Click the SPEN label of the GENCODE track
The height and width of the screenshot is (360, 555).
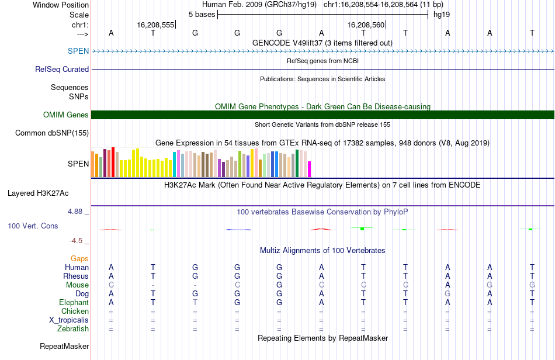tap(78, 51)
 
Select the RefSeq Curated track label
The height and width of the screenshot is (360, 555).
tap(62, 69)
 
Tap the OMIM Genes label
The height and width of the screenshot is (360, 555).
tap(65, 115)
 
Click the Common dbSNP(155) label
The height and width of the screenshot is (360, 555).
tap(52, 133)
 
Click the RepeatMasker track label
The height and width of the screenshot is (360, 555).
tap(64, 346)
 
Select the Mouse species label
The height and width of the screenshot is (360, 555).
tap(78, 285)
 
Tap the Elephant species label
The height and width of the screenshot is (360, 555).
tap(74, 302)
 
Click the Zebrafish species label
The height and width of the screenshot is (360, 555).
tap(73, 328)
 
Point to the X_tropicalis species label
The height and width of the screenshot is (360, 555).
tap(69, 320)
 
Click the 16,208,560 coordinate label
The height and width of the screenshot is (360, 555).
tap(366, 25)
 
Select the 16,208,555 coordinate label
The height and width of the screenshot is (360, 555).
tap(155, 25)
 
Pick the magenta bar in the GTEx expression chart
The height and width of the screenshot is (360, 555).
tap(309, 168)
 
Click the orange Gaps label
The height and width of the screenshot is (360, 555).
tap(79, 258)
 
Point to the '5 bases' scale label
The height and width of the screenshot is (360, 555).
tap(202, 13)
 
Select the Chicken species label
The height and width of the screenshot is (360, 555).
tap(75, 311)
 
